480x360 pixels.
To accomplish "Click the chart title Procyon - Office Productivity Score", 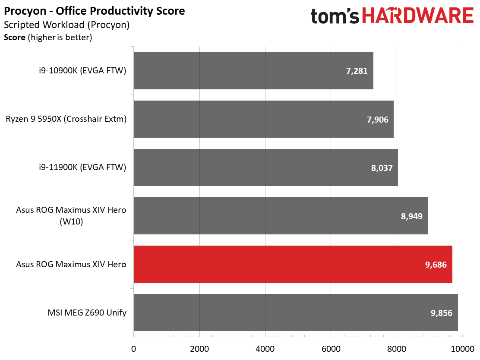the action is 94,11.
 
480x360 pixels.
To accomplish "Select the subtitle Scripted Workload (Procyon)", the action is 67,25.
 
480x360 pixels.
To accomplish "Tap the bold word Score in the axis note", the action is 14,38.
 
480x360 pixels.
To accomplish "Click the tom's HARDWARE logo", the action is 392,16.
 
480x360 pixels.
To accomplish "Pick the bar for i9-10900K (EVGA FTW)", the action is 253,71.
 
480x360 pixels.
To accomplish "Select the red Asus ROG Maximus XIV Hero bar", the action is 293,264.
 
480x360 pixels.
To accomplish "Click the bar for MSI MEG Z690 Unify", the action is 296,313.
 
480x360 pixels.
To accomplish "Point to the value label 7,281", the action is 357,71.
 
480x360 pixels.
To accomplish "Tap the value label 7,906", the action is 377,120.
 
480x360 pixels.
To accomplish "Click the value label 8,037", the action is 382,168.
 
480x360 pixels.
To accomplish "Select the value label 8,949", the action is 412,216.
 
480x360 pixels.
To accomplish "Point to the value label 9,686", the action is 436,265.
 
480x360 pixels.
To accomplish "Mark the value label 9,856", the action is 442,313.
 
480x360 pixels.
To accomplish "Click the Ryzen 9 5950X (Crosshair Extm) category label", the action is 66,119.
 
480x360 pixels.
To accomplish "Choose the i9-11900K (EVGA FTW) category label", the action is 82,167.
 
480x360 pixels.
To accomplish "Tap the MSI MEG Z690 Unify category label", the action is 87,313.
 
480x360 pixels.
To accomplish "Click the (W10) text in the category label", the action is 71,221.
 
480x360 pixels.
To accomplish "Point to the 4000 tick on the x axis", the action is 265,349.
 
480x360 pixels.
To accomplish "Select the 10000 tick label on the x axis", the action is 462,349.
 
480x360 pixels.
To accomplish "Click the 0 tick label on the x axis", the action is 133,349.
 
